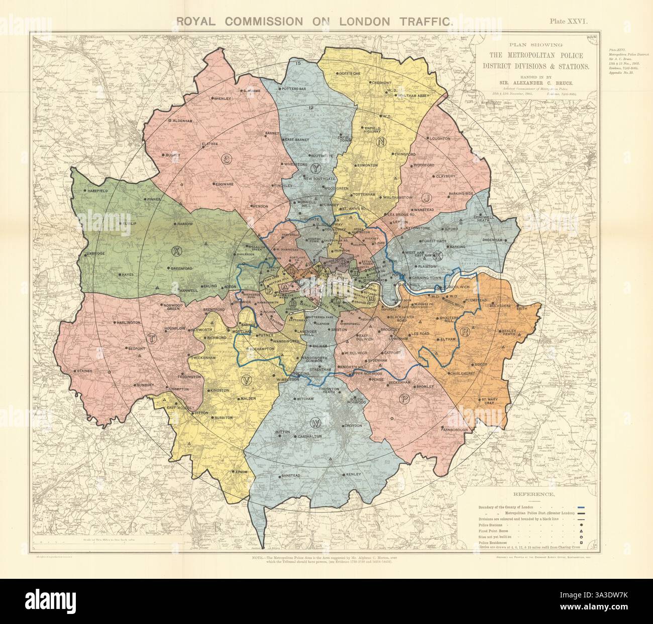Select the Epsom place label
241,472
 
